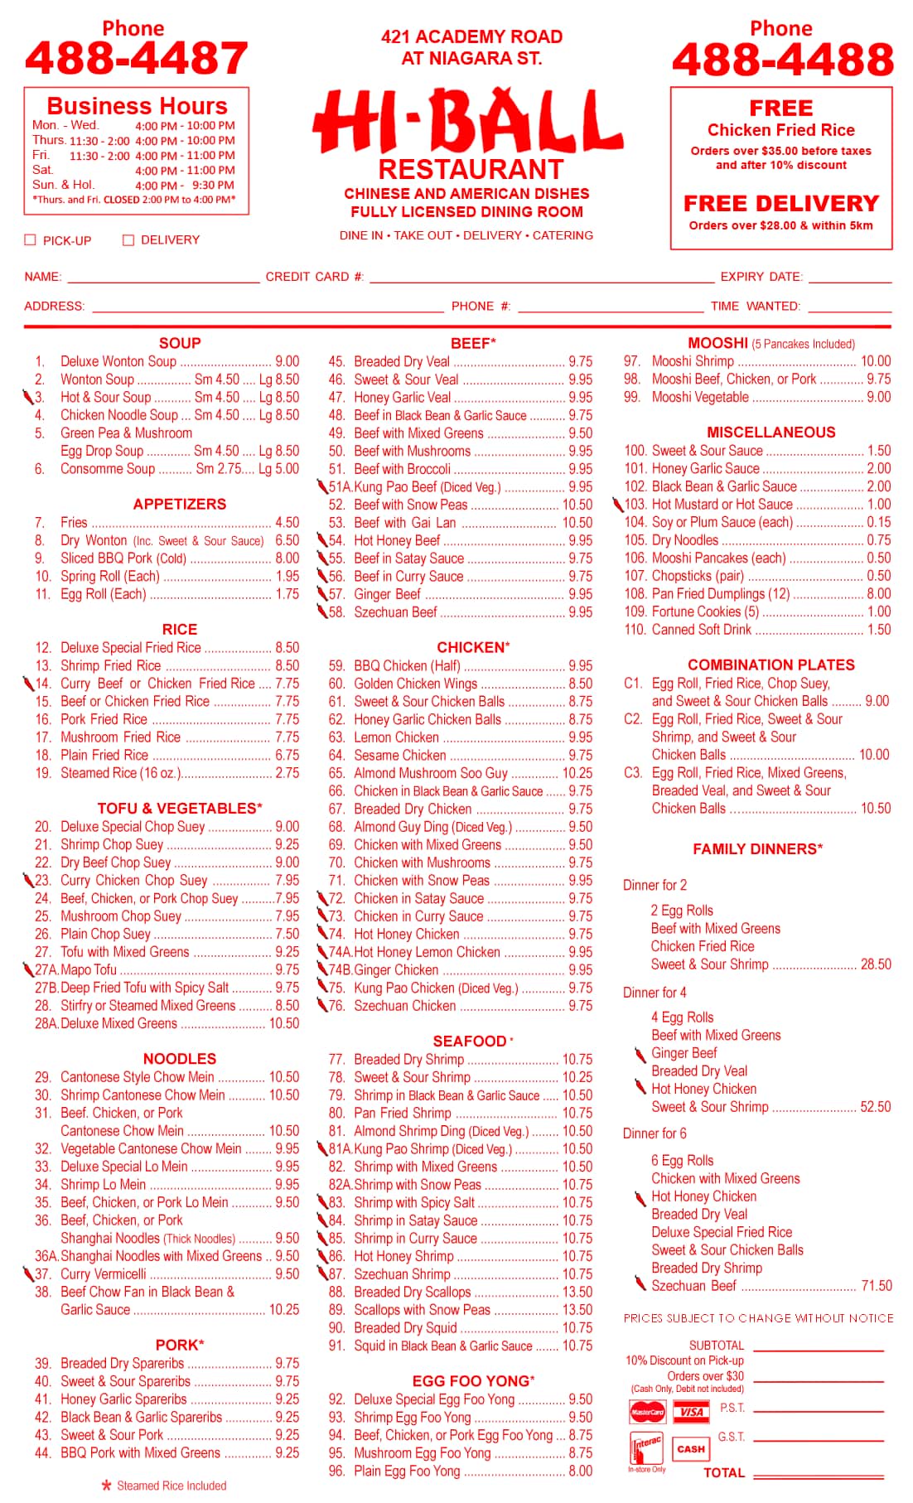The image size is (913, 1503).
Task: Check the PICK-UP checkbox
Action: click(31, 240)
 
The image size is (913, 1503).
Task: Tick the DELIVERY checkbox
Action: click(128, 240)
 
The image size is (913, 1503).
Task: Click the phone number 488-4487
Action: click(137, 58)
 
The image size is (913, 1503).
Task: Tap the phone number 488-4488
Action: click(782, 60)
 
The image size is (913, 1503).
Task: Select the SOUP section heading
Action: click(180, 343)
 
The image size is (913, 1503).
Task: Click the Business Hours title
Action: click(137, 106)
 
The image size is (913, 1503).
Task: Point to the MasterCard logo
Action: click(647, 1412)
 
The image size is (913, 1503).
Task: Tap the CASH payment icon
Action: click(690, 1448)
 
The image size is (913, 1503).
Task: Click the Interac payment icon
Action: click(647, 1448)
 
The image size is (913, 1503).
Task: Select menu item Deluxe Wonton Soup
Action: click(118, 361)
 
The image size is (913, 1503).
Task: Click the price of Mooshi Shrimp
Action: click(875, 361)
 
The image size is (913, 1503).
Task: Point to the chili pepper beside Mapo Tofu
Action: click(28, 969)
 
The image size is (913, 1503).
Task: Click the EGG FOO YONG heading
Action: click(473, 1381)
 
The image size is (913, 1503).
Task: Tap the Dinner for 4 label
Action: click(655, 993)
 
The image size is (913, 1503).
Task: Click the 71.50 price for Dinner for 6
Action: click(877, 1286)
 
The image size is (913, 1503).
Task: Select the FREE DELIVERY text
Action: click(780, 204)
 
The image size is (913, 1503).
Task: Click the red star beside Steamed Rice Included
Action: click(106, 1486)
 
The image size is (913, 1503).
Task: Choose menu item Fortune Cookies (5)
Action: click(705, 611)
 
